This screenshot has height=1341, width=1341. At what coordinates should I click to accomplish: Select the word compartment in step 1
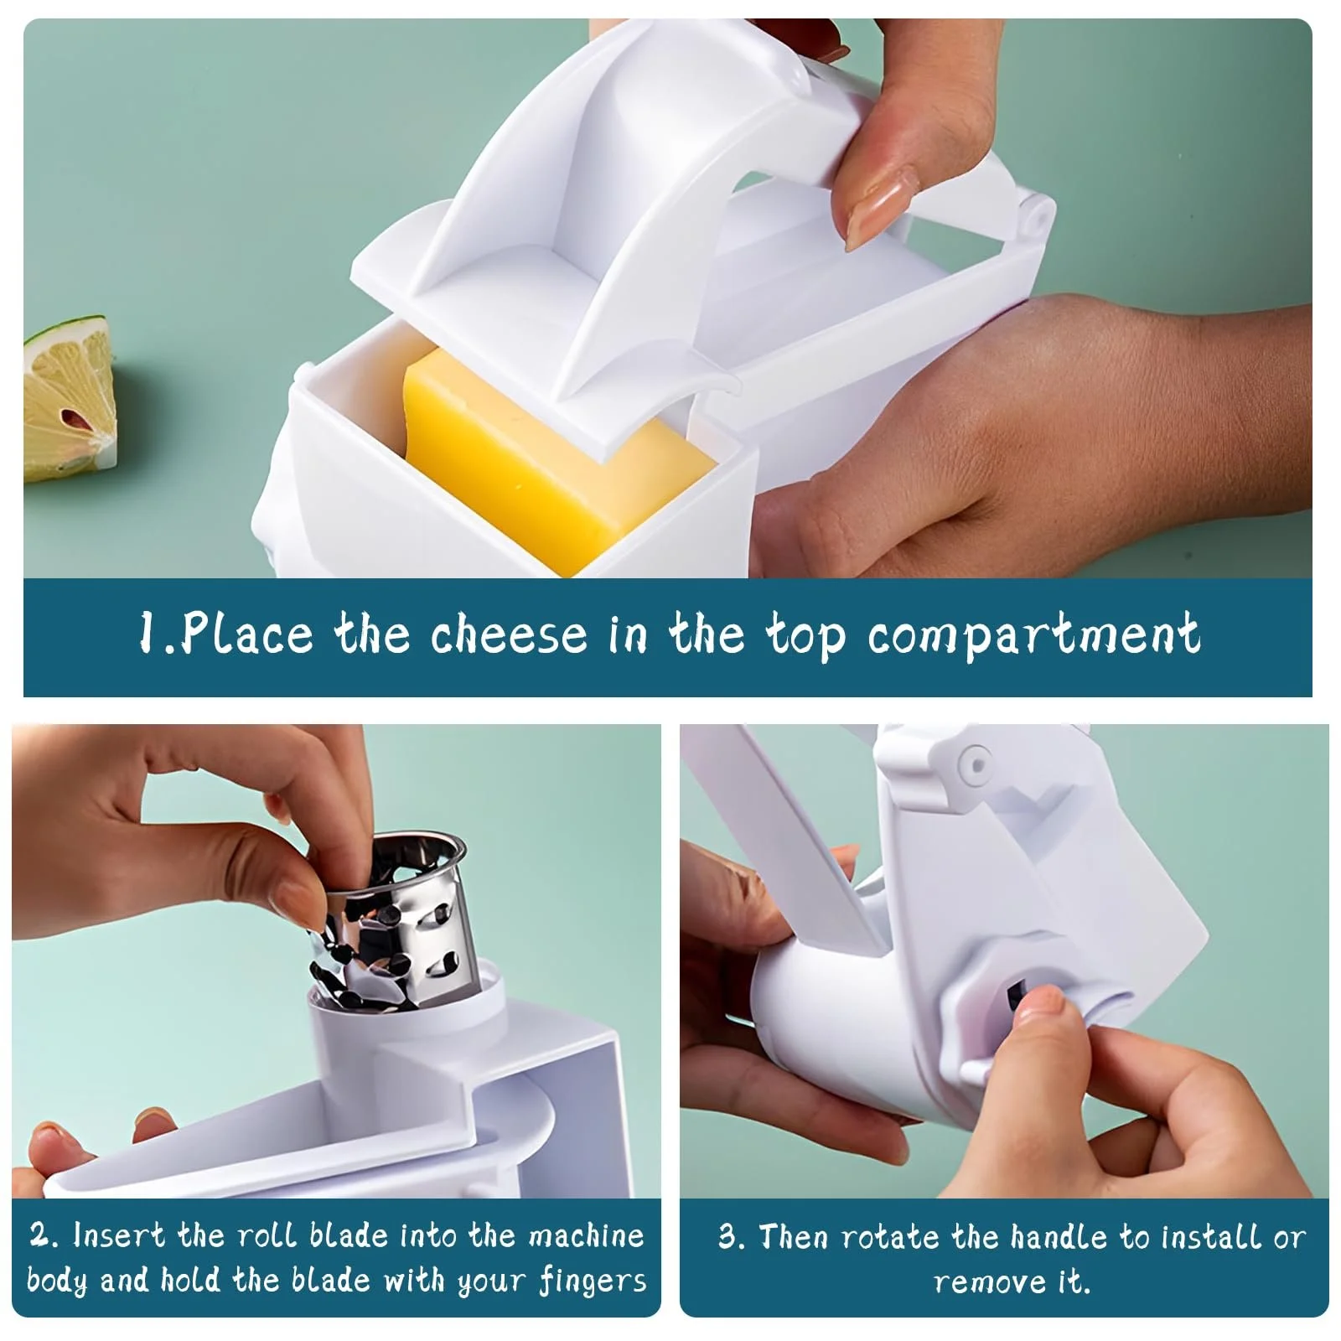pos(1033,636)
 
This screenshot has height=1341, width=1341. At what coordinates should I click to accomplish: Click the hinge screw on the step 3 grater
pos(976,763)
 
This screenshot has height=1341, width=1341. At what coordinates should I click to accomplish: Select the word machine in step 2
pos(586,1236)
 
